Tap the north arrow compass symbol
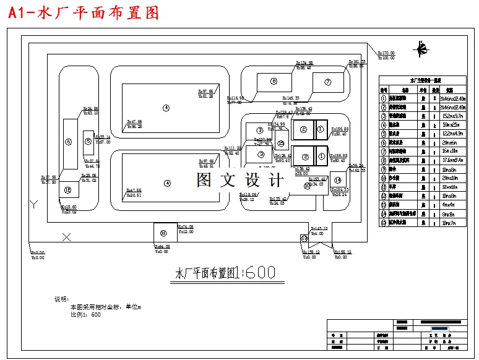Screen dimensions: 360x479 (423, 48)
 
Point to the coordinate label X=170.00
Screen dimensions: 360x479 (385, 54)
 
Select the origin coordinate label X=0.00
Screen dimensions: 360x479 (38, 252)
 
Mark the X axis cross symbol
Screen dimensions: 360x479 (67, 236)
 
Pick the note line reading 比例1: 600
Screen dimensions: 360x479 (85, 315)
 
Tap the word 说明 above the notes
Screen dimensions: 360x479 (63, 299)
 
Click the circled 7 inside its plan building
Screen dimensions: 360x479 (328, 82)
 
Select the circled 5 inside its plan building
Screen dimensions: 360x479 (88, 142)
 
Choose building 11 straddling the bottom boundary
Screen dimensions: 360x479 (163, 233)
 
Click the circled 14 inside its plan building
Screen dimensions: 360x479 (338, 180)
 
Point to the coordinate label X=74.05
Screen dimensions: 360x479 (186, 227)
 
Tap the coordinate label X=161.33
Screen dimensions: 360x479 (357, 62)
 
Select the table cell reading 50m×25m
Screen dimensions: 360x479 (454, 124)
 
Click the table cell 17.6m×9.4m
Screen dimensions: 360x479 (454, 159)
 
